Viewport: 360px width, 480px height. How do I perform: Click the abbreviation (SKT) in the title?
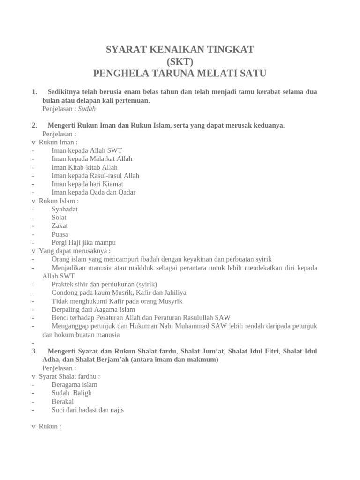(180, 61)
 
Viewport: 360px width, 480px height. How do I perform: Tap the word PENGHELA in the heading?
(119, 73)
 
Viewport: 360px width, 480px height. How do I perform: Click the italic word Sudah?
(87, 109)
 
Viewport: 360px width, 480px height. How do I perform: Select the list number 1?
(34, 92)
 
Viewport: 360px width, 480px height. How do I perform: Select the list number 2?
(34, 125)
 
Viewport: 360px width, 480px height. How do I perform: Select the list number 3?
(34, 351)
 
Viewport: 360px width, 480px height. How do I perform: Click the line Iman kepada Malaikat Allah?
(92, 159)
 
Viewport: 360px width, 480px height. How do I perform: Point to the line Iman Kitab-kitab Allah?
(84, 167)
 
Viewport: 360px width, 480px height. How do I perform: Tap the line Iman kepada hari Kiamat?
(87, 184)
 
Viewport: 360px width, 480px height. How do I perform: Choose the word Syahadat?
(65, 209)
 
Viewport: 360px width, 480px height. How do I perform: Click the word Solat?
(59, 217)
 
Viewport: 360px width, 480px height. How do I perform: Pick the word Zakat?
(60, 226)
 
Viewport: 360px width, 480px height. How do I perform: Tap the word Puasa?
(60, 234)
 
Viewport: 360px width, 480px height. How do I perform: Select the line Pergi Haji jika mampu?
(83, 243)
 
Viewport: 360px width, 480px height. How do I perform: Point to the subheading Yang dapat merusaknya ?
(75, 251)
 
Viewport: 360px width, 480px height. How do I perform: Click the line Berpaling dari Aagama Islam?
(93, 309)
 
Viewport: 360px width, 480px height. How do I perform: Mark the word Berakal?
(63, 402)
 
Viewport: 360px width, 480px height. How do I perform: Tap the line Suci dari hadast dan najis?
(88, 410)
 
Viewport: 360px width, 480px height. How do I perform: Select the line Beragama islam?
(75, 385)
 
